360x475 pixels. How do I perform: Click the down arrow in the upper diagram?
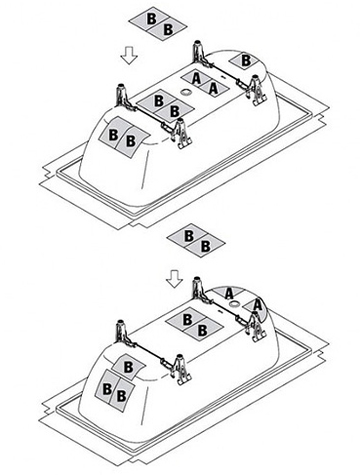pos(129,55)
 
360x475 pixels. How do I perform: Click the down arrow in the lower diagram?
pos(175,278)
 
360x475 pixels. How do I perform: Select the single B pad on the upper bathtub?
pos(245,60)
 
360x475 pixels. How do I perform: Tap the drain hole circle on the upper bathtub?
pos(186,92)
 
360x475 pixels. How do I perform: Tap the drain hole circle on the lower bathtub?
pos(234,304)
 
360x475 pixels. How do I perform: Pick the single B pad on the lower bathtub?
pos(128,367)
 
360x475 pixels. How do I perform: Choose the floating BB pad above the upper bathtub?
pos(159,24)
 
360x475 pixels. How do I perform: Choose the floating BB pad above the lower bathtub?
pos(196,241)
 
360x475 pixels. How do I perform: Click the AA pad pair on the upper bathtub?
pos(205,84)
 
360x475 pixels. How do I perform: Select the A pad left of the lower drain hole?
pos(226,293)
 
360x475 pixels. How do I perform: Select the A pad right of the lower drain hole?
pos(257,305)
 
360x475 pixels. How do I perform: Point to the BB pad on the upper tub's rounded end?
pos(124,138)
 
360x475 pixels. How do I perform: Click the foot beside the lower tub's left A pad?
pos(198,288)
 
